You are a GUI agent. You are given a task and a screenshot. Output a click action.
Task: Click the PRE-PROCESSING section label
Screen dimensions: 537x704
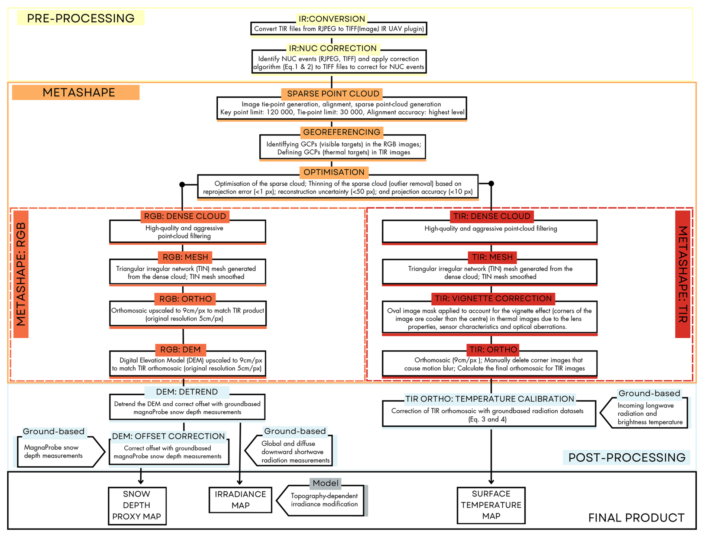80,18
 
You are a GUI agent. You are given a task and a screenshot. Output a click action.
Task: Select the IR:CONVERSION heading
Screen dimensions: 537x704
332,19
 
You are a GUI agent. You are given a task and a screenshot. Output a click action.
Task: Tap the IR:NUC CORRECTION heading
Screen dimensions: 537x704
333,48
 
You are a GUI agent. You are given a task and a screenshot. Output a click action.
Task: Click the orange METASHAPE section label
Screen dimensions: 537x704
79,93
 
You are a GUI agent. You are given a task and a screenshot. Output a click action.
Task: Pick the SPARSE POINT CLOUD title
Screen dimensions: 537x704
333,94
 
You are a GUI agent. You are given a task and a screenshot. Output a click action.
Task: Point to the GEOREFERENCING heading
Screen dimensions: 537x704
342,132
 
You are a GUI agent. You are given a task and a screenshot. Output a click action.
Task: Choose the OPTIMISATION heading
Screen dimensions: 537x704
334,173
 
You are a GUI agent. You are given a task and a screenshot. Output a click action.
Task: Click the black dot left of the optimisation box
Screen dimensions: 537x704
182,184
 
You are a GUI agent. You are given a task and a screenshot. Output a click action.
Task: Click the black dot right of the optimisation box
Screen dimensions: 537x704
491,183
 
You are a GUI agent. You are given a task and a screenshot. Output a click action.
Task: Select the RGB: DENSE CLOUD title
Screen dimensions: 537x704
185,216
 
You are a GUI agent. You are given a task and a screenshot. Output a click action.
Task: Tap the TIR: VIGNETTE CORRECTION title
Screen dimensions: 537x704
493,299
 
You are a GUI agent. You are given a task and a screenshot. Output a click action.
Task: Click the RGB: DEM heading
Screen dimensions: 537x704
180,350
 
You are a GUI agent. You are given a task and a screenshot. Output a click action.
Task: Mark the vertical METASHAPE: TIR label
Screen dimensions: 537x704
683,274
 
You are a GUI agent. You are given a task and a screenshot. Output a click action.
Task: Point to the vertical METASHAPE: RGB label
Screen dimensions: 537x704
21,274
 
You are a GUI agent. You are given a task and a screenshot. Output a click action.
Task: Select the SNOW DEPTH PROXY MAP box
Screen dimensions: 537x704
137,505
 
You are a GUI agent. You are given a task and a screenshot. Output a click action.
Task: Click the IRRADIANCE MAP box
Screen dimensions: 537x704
240,500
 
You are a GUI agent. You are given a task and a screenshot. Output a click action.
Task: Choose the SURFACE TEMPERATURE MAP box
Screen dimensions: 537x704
491,505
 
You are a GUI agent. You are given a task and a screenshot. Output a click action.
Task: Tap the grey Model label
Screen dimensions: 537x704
326,483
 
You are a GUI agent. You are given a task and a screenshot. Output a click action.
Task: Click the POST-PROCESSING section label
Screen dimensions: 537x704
627,457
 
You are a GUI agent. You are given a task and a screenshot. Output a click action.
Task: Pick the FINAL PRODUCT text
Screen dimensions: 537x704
636,518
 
